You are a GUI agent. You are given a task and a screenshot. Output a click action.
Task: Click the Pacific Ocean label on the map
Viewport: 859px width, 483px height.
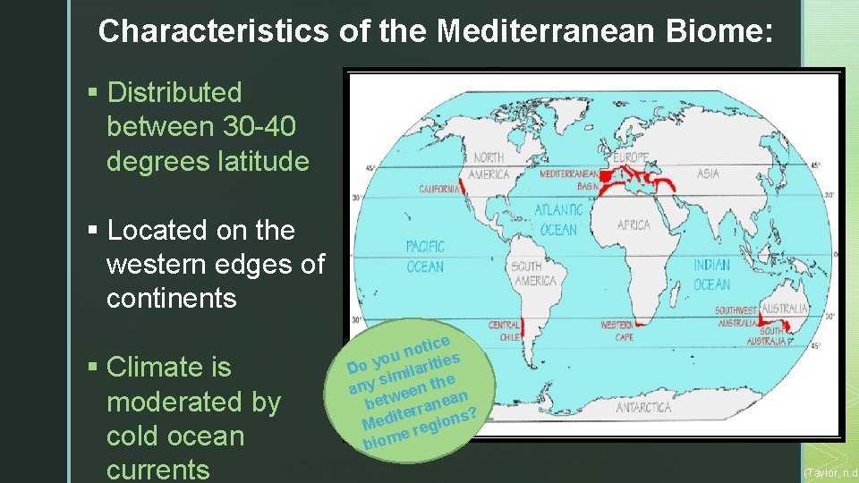coord(425,257)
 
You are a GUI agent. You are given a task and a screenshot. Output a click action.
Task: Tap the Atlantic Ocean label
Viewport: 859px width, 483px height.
coord(559,219)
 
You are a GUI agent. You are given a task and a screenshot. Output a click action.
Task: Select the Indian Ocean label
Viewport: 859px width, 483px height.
coord(712,275)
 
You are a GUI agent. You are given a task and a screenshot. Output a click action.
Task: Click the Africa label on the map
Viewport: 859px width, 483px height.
coord(634,225)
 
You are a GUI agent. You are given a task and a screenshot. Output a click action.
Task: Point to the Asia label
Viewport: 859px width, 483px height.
coord(708,174)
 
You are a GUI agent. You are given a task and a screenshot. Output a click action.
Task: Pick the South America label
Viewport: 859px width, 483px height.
coord(534,273)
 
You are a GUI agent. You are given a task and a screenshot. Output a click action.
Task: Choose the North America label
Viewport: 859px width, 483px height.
coord(489,166)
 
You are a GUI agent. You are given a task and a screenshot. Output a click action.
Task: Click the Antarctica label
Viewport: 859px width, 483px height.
coord(643,408)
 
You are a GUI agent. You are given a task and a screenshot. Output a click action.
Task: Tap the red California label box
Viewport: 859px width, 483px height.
coord(440,189)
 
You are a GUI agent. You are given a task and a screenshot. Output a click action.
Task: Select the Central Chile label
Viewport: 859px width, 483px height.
coord(504,332)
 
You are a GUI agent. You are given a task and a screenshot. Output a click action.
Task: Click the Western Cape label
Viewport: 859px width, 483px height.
coord(617,332)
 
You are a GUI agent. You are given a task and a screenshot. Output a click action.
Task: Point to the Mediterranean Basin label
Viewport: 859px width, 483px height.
coord(569,179)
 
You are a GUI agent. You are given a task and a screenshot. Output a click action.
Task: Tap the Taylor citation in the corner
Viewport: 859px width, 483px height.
coord(831,471)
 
